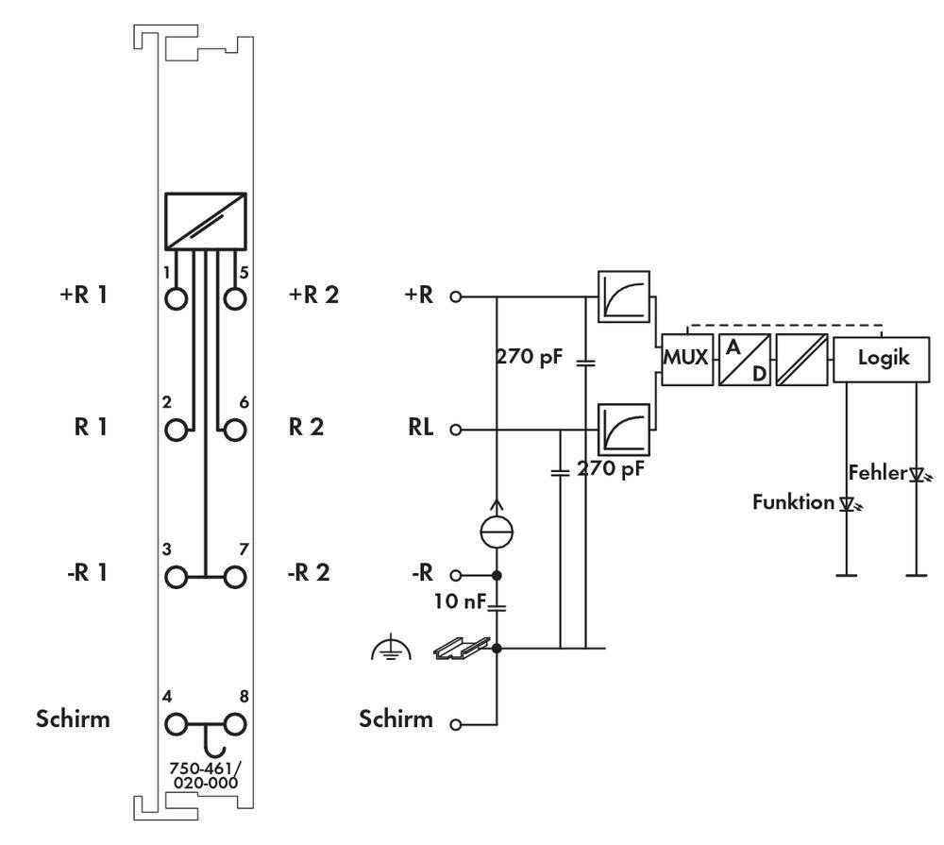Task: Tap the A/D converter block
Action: [744, 359]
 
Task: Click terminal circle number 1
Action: [176, 297]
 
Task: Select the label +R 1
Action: [84, 295]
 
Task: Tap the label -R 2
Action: [309, 573]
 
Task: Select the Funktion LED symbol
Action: [848, 504]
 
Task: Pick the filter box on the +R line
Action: [624, 296]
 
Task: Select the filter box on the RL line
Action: [624, 430]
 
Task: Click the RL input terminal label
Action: [421, 429]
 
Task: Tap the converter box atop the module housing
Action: [205, 221]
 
